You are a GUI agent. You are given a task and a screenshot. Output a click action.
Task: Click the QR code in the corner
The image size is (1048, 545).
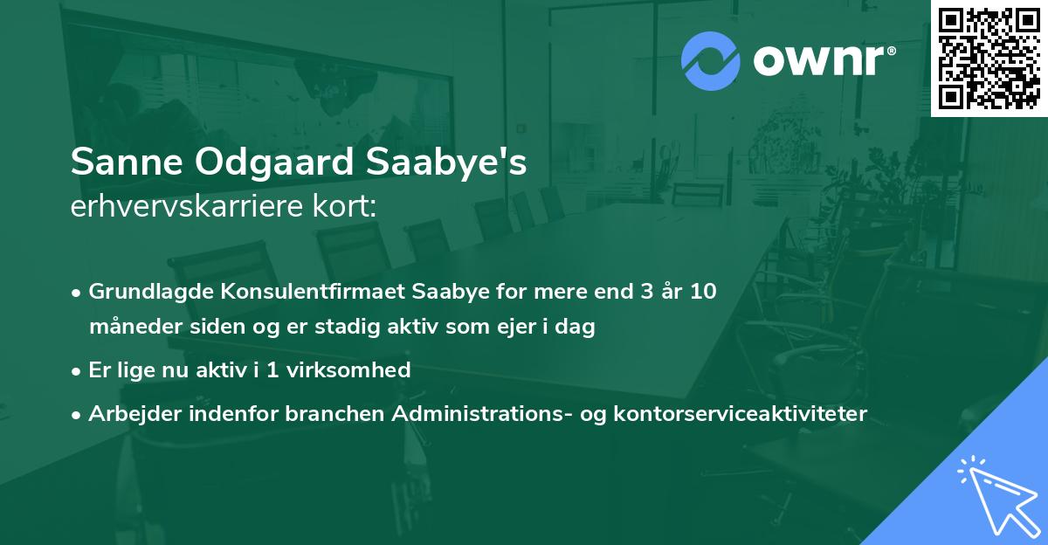[989, 58]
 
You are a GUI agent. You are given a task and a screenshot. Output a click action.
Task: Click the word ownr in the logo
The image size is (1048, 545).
[822, 61]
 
